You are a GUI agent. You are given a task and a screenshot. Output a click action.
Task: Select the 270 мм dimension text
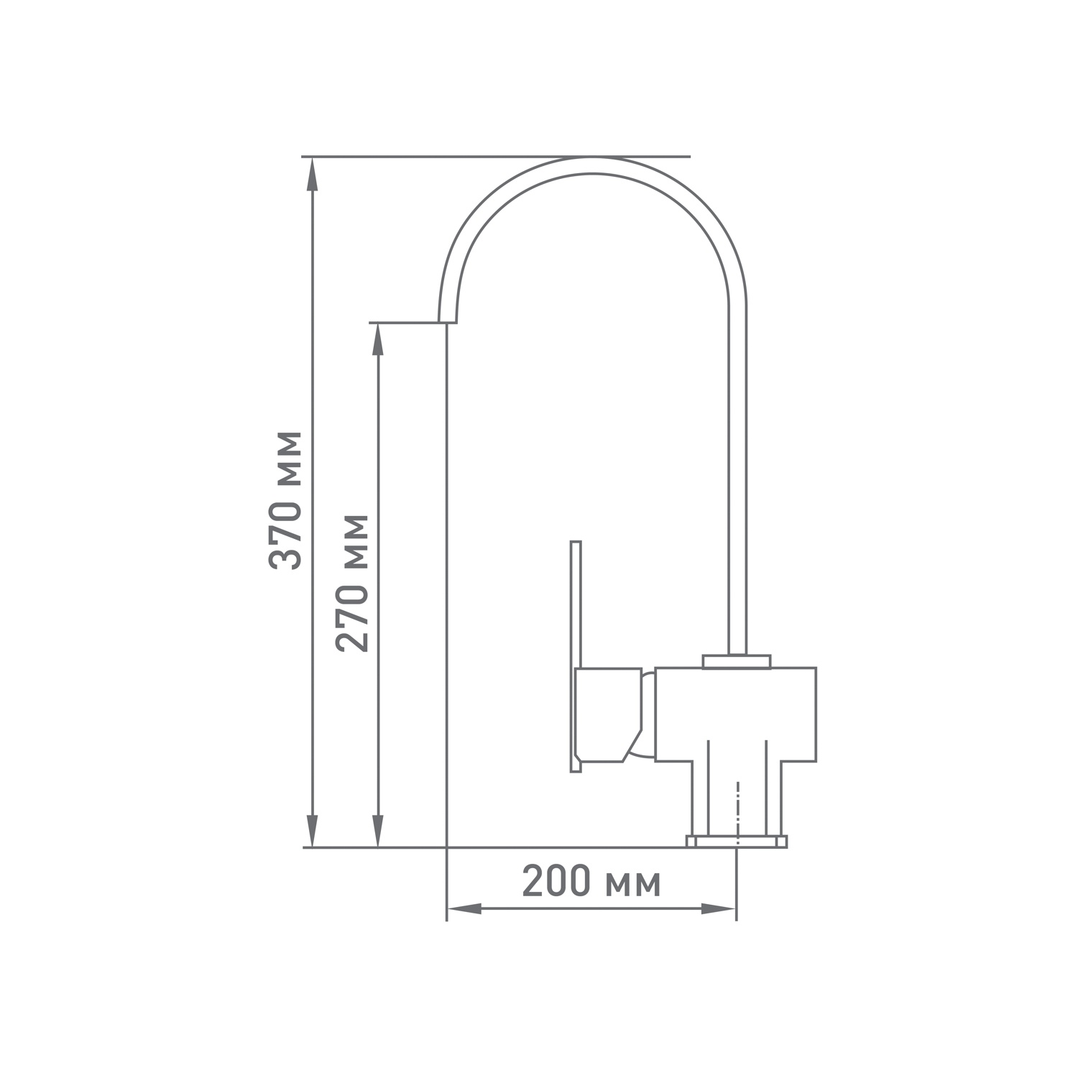[x=352, y=583]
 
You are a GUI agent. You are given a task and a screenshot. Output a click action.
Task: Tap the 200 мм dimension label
[x=591, y=881]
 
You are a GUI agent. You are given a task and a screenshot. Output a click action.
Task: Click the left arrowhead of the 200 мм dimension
[x=465, y=909]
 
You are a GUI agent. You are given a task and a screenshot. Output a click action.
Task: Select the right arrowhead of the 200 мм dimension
[x=719, y=909]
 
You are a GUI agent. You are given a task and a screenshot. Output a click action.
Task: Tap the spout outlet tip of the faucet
[x=447, y=322]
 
